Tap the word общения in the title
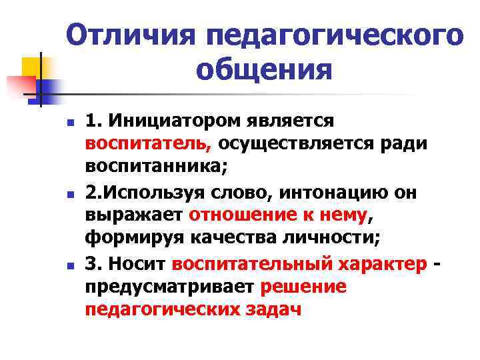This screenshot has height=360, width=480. [264, 69]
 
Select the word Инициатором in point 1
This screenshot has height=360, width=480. [158, 121]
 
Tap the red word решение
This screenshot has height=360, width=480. [305, 286]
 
